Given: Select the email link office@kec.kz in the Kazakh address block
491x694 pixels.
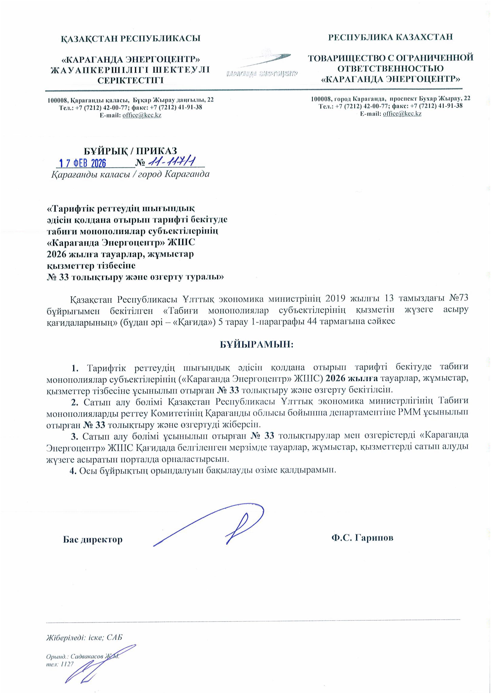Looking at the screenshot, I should pos(142,116).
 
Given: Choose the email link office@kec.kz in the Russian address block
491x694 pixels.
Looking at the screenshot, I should pos(402,114).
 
